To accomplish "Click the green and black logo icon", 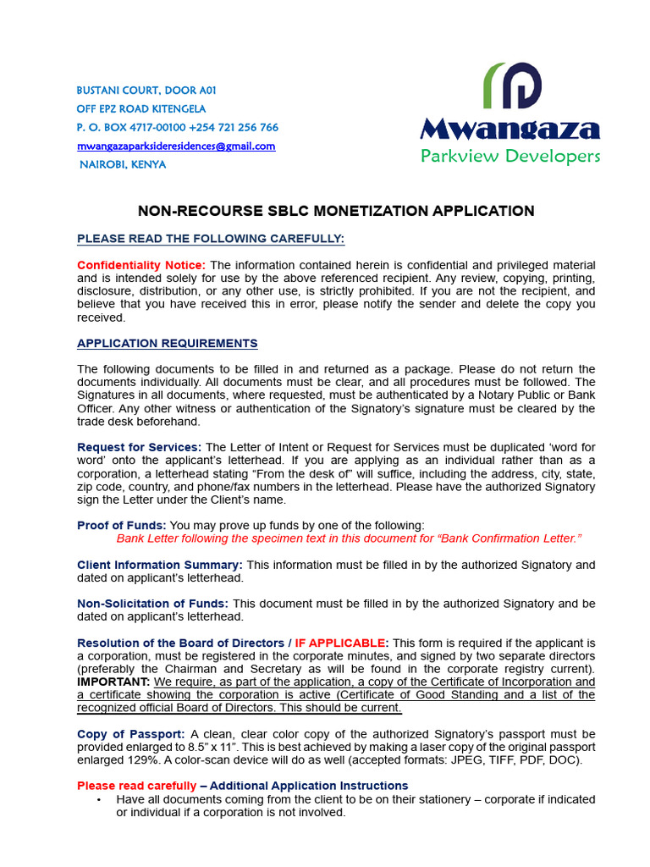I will tap(512, 86).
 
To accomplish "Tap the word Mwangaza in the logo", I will tap(510, 130).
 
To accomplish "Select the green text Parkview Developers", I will tap(510, 156).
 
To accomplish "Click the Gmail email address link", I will tap(176, 146).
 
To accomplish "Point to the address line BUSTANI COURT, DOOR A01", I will tap(140, 90).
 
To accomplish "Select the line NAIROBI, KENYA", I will tap(123, 164).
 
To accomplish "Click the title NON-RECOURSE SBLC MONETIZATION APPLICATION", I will tap(336, 211).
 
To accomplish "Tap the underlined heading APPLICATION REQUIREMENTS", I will tap(168, 343).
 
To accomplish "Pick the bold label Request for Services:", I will tap(140, 447).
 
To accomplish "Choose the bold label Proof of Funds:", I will tap(122, 525).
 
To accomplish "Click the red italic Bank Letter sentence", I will tap(349, 538).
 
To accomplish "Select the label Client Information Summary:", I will tap(160, 564).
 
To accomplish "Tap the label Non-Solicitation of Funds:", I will tap(152, 603).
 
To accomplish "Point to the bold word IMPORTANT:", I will tap(113, 682).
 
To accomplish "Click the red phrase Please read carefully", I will tap(136, 786).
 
